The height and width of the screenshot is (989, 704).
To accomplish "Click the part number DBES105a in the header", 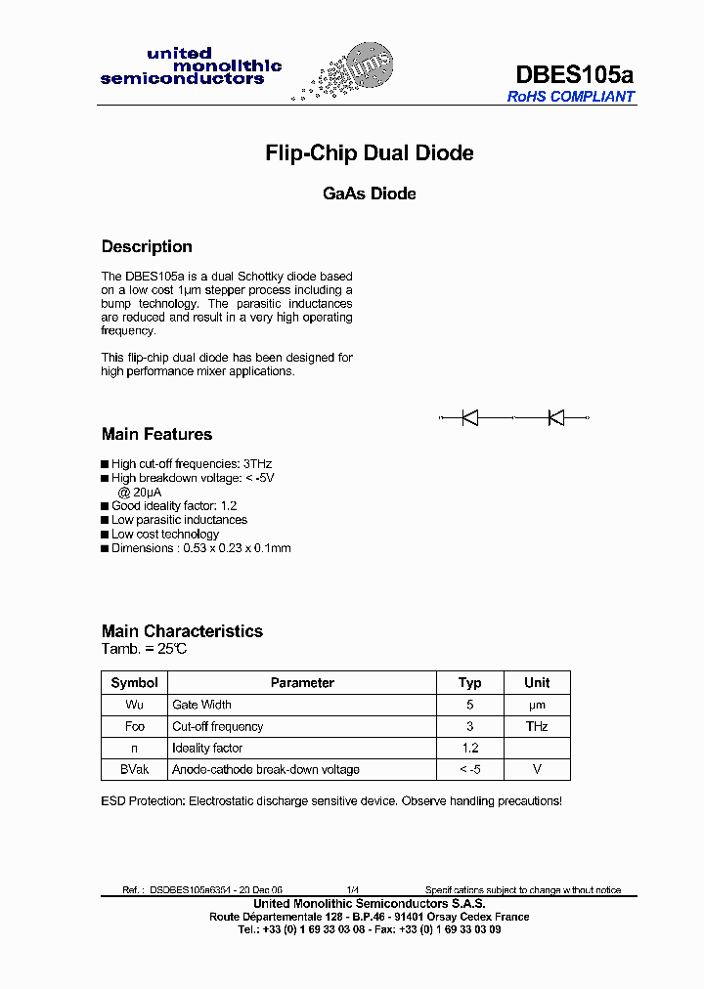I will click(574, 74).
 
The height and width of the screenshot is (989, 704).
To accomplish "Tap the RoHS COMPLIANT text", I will click(571, 97).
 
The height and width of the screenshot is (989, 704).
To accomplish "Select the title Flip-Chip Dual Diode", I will click(370, 153).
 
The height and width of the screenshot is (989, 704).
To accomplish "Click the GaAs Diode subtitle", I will click(370, 193).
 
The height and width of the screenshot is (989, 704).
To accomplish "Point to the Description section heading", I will click(147, 246).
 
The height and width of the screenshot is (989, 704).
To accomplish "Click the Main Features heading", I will click(156, 434).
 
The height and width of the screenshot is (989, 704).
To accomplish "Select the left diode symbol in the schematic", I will click(470, 418).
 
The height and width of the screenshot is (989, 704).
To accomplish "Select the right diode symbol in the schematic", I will click(556, 418).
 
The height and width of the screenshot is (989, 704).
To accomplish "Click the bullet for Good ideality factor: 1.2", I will click(106, 506).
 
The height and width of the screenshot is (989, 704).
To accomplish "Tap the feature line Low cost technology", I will click(165, 535).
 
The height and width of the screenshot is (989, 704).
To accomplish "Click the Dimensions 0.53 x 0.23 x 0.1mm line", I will click(200, 548).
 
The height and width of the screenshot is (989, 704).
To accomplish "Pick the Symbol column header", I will click(134, 683).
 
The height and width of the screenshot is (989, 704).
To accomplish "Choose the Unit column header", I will click(537, 683).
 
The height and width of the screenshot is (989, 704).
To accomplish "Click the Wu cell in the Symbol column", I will click(134, 705).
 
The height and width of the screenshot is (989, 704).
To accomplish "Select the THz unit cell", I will click(537, 726).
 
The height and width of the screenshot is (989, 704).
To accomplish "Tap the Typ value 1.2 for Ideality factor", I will click(470, 748).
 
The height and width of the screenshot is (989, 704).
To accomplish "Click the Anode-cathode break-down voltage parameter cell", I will click(266, 770).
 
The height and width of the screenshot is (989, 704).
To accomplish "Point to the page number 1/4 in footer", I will click(352, 890).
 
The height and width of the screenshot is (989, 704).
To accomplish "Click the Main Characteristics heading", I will click(182, 631).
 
